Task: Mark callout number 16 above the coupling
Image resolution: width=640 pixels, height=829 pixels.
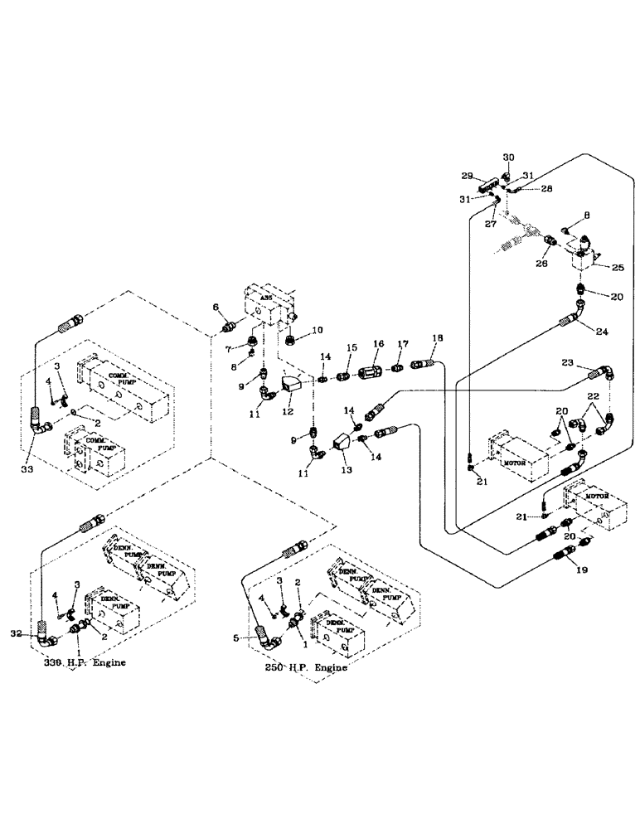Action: point(378,343)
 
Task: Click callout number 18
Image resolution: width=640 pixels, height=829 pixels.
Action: point(437,339)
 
